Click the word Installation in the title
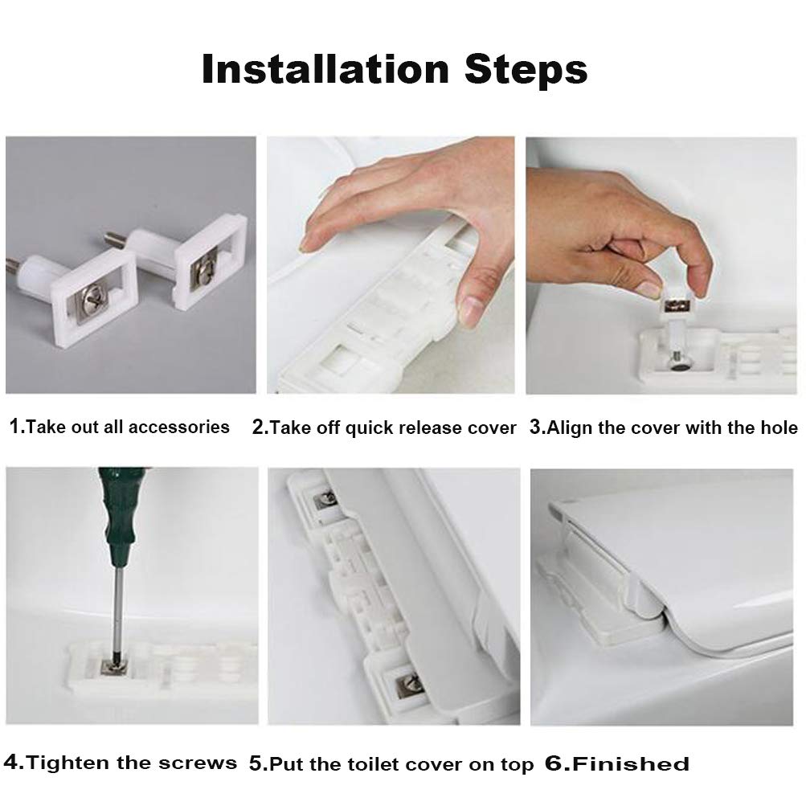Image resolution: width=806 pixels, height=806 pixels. click(x=325, y=69)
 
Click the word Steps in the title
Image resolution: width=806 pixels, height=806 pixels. click(x=526, y=69)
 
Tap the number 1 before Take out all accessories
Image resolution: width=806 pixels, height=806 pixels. click(x=15, y=426)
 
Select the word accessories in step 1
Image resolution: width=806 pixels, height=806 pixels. click(x=179, y=428)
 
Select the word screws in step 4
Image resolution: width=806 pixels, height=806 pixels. click(x=198, y=763)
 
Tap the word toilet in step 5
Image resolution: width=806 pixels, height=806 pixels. click(x=370, y=764)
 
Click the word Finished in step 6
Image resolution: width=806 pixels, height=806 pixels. click(x=630, y=763)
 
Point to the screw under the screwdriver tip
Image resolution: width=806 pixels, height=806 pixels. click(x=112, y=666)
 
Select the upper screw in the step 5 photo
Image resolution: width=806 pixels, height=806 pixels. click(x=325, y=498)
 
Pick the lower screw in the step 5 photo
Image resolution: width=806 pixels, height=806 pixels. click(x=409, y=685)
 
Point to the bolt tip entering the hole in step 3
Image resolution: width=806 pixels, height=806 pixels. click(x=679, y=362)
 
